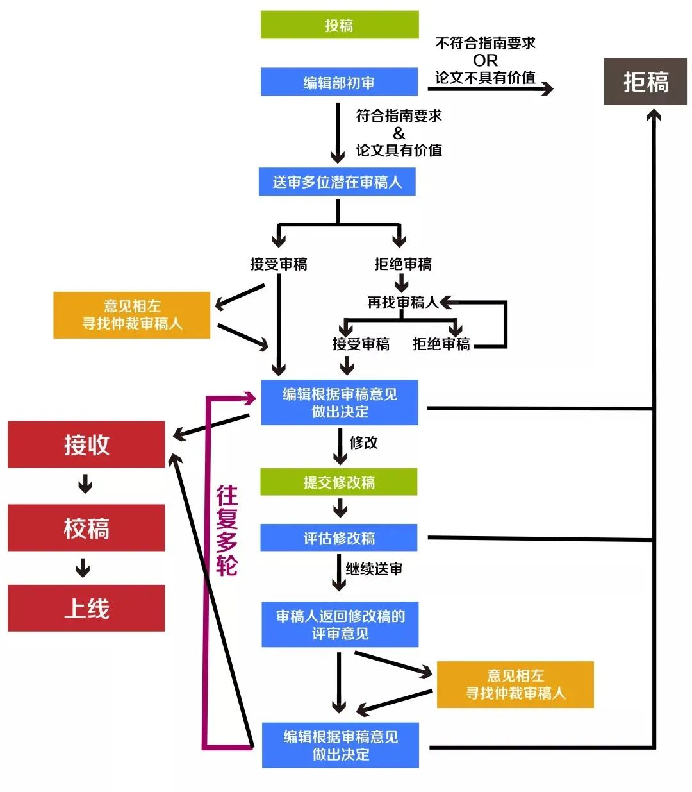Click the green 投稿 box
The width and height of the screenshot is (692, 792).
pyautogui.click(x=339, y=25)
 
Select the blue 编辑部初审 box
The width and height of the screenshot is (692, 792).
pyautogui.click(x=339, y=82)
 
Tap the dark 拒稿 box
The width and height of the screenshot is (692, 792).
pyautogui.click(x=645, y=81)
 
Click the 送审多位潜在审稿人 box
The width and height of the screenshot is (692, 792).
pyautogui.click(x=337, y=182)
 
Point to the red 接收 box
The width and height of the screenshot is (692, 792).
pyautogui.click(x=86, y=444)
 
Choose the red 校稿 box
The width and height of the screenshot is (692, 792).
pyautogui.click(x=86, y=528)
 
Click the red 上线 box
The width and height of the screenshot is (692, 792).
pyautogui.click(x=86, y=608)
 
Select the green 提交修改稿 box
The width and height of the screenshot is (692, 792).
pyautogui.click(x=338, y=482)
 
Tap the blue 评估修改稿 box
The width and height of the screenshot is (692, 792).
pyautogui.click(x=338, y=538)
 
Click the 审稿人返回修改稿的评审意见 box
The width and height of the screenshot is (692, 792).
pyautogui.click(x=340, y=625)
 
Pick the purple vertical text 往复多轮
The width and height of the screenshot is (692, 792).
pyautogui.click(x=226, y=530)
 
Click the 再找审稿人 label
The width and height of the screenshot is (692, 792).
pyautogui.click(x=402, y=302)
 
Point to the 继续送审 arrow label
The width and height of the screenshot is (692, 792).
pyautogui.click(x=374, y=569)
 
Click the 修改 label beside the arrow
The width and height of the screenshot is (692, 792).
pyautogui.click(x=363, y=442)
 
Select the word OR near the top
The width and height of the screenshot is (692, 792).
pyautogui.click(x=485, y=60)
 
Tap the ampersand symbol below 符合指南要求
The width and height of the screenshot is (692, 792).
pyautogui.click(x=399, y=133)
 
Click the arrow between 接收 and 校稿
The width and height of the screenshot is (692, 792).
pyautogui.click(x=85, y=484)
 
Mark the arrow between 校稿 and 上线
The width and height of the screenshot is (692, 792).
pyautogui.click(x=83, y=568)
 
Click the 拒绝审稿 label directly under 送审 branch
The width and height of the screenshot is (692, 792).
pyautogui.click(x=402, y=264)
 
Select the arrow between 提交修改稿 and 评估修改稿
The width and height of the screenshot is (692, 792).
pyautogui.click(x=340, y=509)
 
